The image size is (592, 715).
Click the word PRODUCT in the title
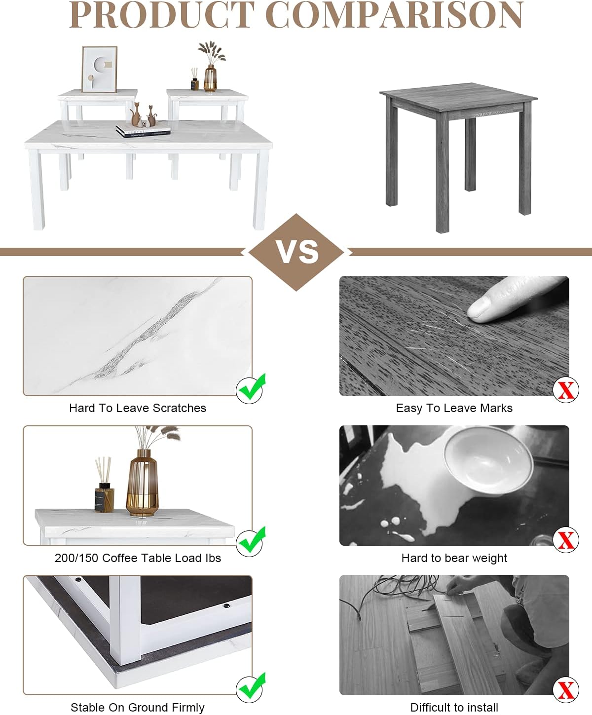tap(162, 15)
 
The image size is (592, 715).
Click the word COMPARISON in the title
tap(394, 15)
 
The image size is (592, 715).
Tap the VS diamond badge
tap(296, 252)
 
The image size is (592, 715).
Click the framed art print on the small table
tap(100, 69)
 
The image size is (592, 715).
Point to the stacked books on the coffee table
tap(143, 131)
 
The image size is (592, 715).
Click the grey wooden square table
tap(458, 156)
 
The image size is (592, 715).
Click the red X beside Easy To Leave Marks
tap(566, 390)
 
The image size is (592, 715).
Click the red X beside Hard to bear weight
tap(566, 540)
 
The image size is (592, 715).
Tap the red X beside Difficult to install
tap(566, 690)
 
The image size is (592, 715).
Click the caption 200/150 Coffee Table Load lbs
tap(138, 558)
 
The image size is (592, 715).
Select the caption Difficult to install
tap(454, 708)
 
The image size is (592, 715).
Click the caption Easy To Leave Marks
tap(454, 408)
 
